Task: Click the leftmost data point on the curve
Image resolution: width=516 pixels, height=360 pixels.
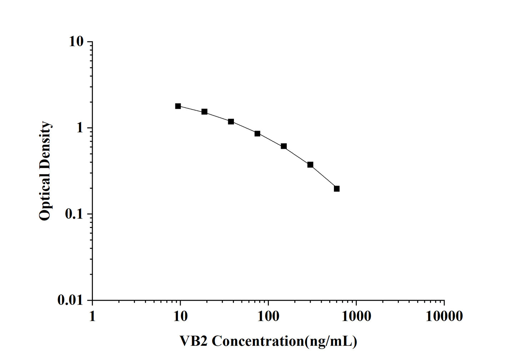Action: tap(178, 106)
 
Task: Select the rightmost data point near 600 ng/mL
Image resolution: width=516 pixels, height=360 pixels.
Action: tap(336, 189)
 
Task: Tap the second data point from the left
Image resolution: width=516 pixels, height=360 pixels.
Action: tap(204, 112)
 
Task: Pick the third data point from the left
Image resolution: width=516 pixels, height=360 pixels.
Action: tap(231, 122)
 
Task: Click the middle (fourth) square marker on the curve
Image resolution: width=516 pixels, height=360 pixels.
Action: tap(257, 133)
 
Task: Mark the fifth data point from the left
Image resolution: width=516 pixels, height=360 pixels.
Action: tap(284, 146)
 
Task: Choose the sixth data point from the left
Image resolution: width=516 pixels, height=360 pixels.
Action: tap(310, 165)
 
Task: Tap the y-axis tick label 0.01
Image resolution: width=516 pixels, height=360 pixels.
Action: tap(70, 300)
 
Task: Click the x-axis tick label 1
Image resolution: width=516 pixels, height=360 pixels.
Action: tap(92, 316)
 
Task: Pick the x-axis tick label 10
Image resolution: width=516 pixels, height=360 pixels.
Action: tap(180, 316)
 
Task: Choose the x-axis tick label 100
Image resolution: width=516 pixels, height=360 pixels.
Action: tap(268, 316)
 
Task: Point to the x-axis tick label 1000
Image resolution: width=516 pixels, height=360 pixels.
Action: tap(356, 316)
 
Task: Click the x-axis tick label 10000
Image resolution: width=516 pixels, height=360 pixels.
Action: tap(444, 316)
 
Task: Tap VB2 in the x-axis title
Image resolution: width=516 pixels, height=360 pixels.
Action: tap(193, 341)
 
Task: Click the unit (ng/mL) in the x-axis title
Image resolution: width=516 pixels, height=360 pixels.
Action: tap(330, 341)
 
